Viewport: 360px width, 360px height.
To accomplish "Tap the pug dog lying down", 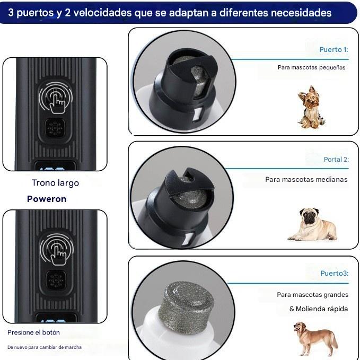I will pos(313,224).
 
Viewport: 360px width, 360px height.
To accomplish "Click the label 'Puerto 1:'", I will pos(333,50).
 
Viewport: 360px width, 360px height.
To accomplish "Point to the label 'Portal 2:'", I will pos(336,160).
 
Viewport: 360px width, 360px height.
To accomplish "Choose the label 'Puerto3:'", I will pos(334,274).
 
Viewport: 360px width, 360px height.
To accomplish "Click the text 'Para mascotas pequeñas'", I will pos(311,68).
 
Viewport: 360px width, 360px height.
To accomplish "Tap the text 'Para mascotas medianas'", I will pos(306,180).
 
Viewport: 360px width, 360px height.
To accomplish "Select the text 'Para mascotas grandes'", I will pos(312,295).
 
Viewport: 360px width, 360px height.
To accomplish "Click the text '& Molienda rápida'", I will pos(318,309).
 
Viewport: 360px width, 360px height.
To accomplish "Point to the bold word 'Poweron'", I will pos(47,199).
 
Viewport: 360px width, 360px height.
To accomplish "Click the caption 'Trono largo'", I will pos(55,183).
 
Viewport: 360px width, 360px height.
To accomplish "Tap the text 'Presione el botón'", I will pos(33,332).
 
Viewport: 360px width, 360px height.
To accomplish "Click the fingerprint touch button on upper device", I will pos(55,97).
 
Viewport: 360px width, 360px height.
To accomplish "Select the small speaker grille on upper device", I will pos(55,128).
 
